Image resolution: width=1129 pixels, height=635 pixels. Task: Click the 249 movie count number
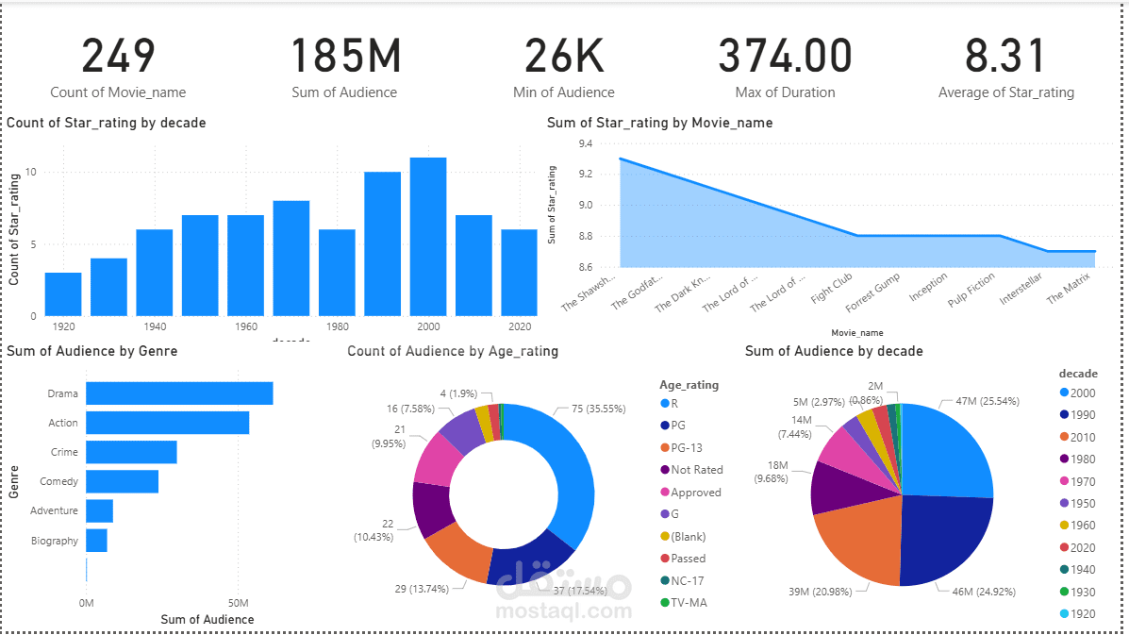point(118,57)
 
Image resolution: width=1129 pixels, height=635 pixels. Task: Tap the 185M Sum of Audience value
point(344,57)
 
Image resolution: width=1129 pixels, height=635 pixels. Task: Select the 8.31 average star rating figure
point(1005,57)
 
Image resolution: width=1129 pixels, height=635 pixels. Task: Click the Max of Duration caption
point(785,92)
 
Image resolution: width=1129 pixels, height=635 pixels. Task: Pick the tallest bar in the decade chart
point(428,236)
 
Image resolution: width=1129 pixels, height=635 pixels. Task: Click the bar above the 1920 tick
point(63,293)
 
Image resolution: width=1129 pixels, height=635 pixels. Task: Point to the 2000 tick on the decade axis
point(428,326)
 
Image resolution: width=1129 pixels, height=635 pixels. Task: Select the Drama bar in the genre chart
point(179,393)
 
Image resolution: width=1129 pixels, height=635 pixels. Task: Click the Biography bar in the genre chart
point(96,541)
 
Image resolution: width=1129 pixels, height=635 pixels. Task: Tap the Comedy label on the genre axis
point(58,482)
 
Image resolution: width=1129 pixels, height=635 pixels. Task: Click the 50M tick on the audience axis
point(239,602)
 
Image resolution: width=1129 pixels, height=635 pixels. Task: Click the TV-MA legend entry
point(688,603)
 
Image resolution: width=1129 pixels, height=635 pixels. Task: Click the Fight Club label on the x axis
point(832,285)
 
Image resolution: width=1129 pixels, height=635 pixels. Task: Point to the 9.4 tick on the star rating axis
point(586,143)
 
